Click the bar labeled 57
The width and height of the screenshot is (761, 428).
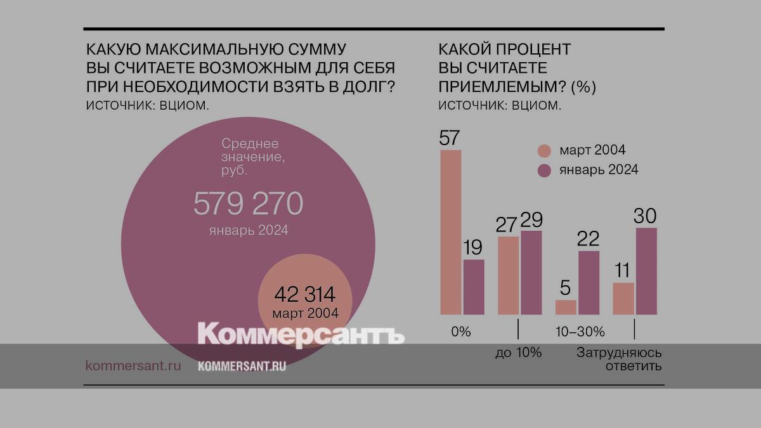coord(450,233)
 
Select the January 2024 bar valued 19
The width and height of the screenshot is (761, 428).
coord(474,287)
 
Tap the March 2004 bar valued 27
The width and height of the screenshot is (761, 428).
coord(509,276)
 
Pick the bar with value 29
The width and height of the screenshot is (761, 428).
coord(531,273)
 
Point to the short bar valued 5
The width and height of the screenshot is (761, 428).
coord(566,308)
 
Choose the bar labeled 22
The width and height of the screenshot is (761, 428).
coord(589,283)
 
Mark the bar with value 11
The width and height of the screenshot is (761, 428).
coord(623,299)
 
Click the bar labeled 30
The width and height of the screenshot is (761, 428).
coord(646,271)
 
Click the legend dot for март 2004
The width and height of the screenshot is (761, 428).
coord(544,151)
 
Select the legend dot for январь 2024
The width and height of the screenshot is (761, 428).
coord(544,170)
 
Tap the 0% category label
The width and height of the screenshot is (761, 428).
coord(460,332)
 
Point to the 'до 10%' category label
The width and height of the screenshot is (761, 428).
coord(519,353)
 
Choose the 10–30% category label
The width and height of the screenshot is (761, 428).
coord(580,332)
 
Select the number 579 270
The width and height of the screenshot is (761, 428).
coord(249,204)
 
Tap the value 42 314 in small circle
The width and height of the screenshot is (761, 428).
coord(304,295)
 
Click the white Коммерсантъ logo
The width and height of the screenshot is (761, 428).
coord(301,334)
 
